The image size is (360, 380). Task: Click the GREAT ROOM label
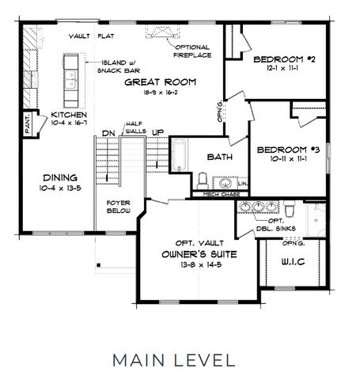[x=161, y=82]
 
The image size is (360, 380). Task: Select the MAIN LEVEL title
[x=173, y=359]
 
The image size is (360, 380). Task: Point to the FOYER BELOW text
[x=118, y=207]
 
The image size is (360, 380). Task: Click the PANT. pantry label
[x=27, y=122]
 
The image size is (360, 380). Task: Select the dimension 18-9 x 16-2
[x=161, y=93]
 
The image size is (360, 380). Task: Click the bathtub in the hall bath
[x=179, y=155]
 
